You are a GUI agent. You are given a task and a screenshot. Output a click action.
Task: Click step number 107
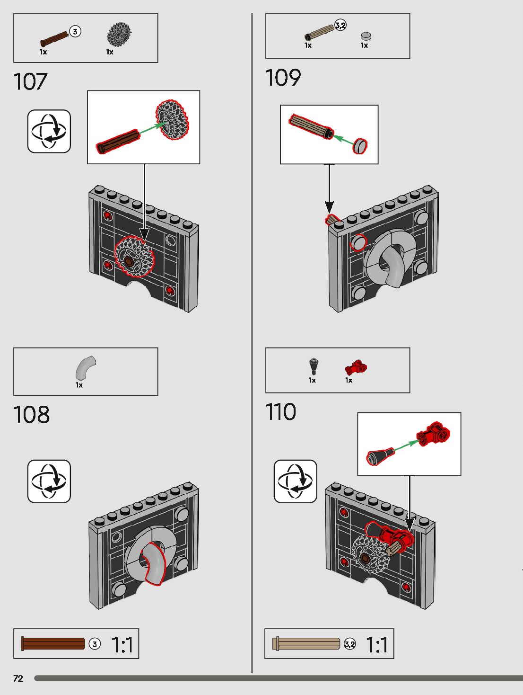[30, 81]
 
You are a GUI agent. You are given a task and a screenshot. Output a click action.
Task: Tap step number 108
[31, 415]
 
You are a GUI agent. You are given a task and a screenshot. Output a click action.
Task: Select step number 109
[283, 78]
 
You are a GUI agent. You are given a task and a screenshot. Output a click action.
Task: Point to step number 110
[280, 412]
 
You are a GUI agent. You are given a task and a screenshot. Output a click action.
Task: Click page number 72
[18, 678]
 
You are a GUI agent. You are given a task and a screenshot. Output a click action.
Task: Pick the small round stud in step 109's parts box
[366, 36]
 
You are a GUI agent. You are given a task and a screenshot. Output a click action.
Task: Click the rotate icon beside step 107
[49, 131]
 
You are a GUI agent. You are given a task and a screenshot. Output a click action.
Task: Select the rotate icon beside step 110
[295, 481]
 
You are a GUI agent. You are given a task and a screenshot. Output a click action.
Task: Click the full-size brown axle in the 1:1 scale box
[53, 644]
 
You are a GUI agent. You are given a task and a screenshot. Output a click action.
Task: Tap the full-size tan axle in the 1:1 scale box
[306, 643]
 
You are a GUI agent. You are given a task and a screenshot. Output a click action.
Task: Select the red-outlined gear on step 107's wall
[134, 257]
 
